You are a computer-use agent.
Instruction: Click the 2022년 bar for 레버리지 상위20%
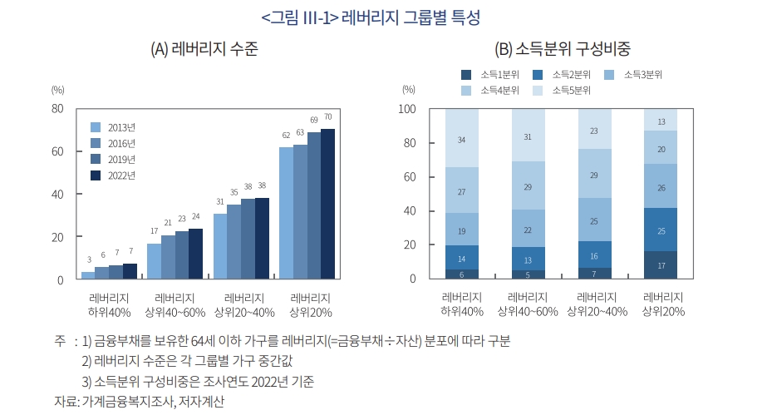coord(327,205)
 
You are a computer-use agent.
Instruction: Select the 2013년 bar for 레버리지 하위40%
coord(88,275)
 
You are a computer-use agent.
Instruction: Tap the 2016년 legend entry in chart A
coord(121,143)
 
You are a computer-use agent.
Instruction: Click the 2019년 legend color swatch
coord(95,159)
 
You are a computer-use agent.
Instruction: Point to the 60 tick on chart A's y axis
coord(58,151)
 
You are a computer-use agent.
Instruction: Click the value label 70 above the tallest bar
coord(327,117)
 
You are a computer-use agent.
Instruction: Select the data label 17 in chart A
coord(154,231)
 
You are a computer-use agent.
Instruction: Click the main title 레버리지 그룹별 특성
coord(382,17)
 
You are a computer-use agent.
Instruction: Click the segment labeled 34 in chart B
coord(461,139)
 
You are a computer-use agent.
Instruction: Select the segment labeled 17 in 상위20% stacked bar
coord(661,265)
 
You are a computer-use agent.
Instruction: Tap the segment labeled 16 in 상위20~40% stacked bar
coord(594,256)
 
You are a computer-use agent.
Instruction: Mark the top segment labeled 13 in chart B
coord(661,121)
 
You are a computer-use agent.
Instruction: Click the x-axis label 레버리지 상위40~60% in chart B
coord(527,304)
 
